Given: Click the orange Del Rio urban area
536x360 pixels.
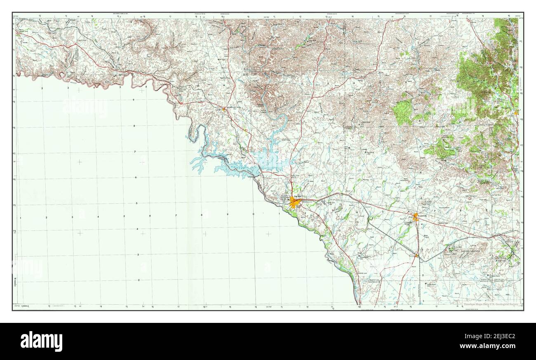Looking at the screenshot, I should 295,202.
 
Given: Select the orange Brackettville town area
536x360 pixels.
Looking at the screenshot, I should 416,216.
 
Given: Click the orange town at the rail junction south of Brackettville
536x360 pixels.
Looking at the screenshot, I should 417,256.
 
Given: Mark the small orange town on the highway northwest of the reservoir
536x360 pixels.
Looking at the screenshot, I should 224,109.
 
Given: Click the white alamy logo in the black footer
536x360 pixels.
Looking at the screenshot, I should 41,341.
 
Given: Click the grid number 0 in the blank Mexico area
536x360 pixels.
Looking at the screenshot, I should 253,215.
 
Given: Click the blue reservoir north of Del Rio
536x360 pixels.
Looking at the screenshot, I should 268,161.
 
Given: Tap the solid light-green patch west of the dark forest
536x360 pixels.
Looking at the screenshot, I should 402,112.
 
